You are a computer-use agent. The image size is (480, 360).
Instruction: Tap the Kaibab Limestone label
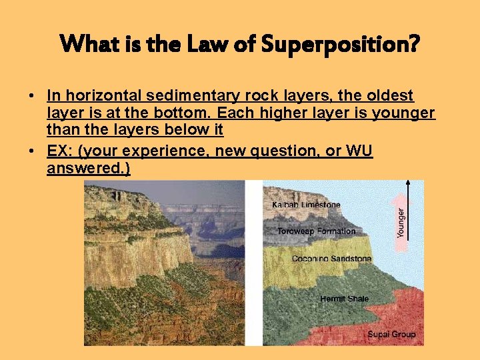(x=306, y=205)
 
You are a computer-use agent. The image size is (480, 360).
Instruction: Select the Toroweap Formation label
(x=316, y=231)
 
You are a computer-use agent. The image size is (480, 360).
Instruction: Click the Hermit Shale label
(x=344, y=299)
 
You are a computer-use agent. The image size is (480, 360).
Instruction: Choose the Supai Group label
(x=391, y=334)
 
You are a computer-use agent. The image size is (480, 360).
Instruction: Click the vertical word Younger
(x=401, y=223)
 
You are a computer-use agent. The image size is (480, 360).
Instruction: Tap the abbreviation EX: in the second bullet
(x=61, y=151)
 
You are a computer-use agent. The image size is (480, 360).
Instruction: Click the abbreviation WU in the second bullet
(x=359, y=151)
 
